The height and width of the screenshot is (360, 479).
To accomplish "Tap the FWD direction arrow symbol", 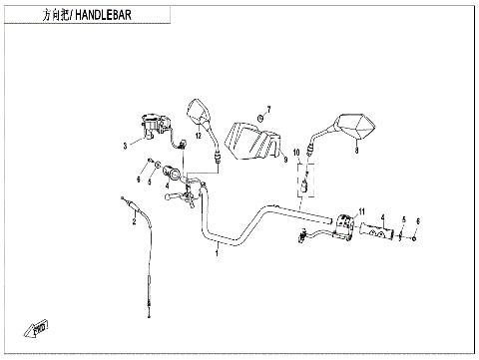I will (40, 325).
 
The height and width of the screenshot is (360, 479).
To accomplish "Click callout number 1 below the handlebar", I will (217, 254).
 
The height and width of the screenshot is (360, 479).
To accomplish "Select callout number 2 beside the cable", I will (133, 221).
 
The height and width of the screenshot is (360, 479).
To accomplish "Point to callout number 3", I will (125, 146).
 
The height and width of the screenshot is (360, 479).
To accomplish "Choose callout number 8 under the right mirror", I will (356, 152).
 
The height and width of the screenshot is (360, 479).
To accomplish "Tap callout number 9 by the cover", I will (284, 159).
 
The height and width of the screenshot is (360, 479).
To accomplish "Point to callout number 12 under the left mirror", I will (198, 135).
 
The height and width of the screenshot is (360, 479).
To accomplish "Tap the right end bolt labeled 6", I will (417, 237).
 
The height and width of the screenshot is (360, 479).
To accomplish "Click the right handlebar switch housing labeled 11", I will (345, 228).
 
